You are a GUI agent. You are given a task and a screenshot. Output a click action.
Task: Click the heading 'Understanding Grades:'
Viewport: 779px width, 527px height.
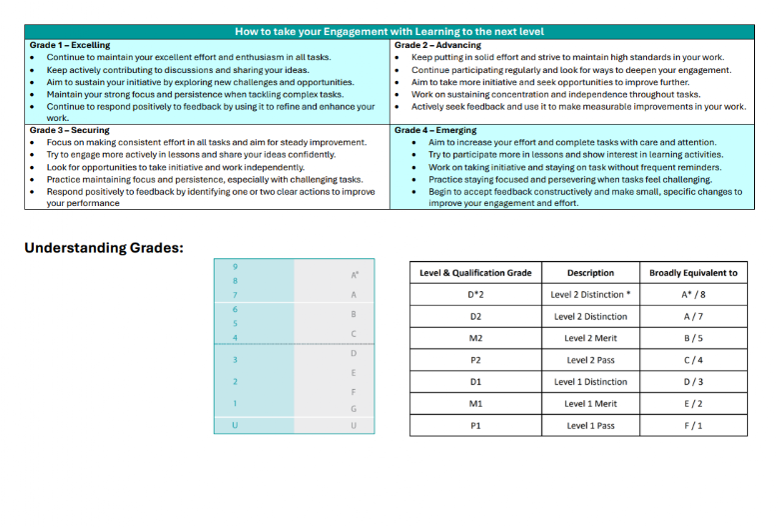(x=104, y=248)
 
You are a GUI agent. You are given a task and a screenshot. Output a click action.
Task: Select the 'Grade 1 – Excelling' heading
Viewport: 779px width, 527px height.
(x=70, y=45)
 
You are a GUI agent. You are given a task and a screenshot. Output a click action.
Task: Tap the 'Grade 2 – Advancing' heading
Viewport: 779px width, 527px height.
(x=437, y=45)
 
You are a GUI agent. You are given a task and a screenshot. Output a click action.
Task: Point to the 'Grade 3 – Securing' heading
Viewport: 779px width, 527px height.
(x=70, y=130)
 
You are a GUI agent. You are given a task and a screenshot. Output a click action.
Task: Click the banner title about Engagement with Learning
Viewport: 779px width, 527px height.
(x=389, y=32)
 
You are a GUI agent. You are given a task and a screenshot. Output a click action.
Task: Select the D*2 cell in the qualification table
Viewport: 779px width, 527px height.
(x=475, y=295)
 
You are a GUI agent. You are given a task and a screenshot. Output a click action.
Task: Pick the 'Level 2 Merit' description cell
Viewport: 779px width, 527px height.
(x=589, y=338)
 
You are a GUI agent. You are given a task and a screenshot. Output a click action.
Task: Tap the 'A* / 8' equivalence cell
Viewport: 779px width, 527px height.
(x=693, y=295)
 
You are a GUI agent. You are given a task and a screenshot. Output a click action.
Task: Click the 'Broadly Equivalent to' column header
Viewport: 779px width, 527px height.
(x=693, y=273)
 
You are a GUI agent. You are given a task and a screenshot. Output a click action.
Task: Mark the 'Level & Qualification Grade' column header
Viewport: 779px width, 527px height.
(x=475, y=273)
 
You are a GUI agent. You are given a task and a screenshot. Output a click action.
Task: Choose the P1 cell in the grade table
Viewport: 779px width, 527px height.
(x=475, y=425)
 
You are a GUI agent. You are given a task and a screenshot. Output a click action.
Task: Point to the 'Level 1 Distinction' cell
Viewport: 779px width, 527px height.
(x=589, y=382)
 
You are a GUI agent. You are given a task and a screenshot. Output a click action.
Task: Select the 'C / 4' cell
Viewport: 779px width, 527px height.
(x=693, y=360)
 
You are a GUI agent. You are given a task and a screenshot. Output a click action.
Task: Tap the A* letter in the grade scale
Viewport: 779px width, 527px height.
(x=354, y=275)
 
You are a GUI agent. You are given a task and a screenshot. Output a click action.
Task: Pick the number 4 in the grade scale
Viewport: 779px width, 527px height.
(x=235, y=338)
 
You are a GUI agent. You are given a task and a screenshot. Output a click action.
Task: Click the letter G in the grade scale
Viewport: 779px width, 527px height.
(x=354, y=409)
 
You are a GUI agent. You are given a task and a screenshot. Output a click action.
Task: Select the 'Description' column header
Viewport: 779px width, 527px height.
(x=589, y=273)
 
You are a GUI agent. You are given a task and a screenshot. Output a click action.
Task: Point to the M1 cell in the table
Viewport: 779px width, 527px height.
(x=475, y=404)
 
